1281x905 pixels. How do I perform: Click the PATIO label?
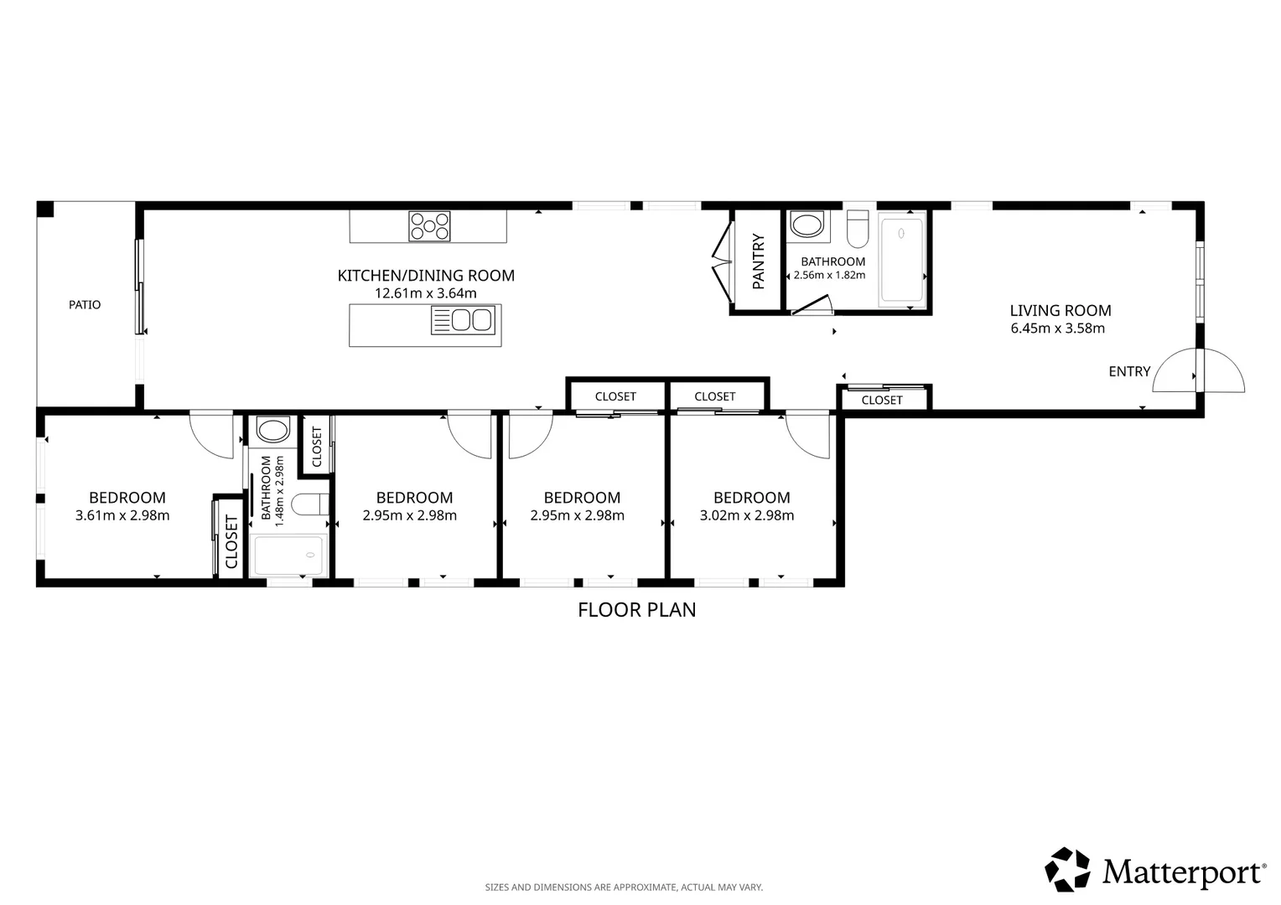click(85, 305)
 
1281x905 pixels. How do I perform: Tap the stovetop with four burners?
click(429, 225)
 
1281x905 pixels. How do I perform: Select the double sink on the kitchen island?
click(463, 320)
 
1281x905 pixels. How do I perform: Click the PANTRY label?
click(758, 261)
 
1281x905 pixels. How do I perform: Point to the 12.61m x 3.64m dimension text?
click(426, 293)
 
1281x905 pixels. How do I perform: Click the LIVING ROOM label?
click(1061, 310)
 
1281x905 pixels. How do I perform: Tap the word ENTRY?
click(1129, 371)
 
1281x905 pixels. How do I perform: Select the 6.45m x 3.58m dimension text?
click(1057, 328)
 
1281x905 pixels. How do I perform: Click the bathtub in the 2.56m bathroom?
click(902, 260)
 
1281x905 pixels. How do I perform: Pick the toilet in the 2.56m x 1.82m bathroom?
click(858, 229)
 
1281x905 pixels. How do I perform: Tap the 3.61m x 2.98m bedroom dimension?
click(122, 515)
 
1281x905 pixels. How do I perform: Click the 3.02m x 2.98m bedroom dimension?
click(747, 515)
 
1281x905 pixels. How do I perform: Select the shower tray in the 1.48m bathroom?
click(288, 555)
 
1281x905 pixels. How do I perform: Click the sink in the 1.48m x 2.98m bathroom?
click(272, 429)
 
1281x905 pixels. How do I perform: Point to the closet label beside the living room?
click(882, 401)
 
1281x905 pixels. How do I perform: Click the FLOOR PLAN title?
click(636, 610)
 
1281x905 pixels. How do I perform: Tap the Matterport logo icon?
click(1067, 869)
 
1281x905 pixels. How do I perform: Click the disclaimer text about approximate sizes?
click(624, 887)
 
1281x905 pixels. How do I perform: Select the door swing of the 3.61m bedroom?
click(212, 437)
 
